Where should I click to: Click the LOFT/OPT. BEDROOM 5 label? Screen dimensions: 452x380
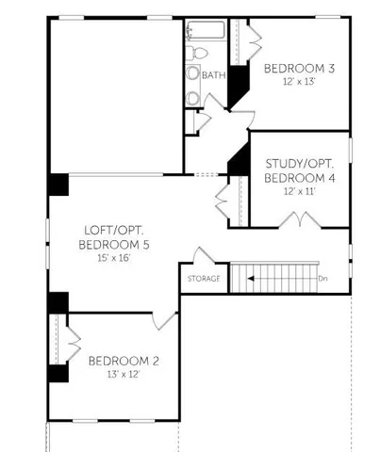pos(111,236)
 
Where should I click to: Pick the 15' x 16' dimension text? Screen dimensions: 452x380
pos(111,257)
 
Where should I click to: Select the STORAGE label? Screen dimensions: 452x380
pos(203,279)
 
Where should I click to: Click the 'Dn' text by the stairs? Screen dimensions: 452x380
pos(322,279)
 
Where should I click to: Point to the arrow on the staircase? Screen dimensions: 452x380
pos(247,279)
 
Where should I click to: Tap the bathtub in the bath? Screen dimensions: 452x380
pos(204,30)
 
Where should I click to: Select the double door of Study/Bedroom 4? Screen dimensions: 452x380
pos(299,221)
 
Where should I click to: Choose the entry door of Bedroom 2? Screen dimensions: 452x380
pos(166,320)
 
